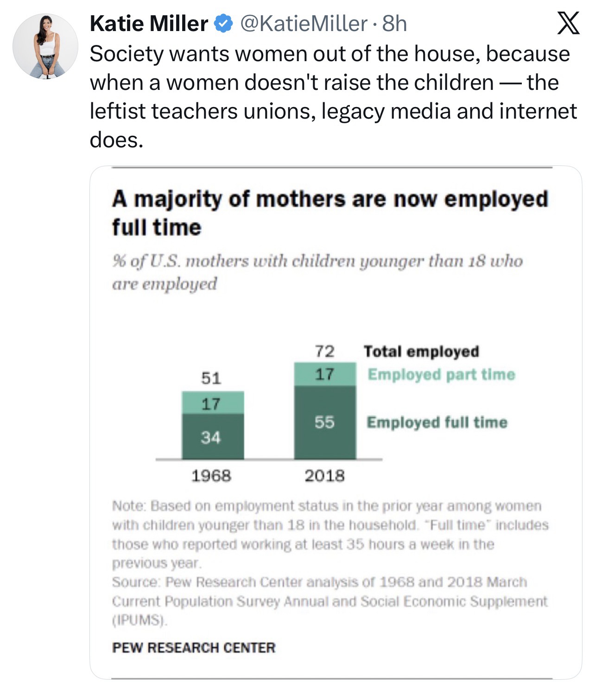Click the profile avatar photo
(x=45, y=46)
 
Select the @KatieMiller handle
(x=302, y=24)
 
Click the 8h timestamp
(x=394, y=24)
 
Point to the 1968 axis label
(x=211, y=475)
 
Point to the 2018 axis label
(x=324, y=475)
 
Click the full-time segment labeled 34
(x=213, y=436)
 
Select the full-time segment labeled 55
(x=325, y=422)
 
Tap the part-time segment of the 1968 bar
(x=213, y=403)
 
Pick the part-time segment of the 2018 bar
(x=325, y=374)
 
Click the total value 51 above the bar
(x=211, y=378)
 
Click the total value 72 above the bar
(x=324, y=351)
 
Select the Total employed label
(x=421, y=351)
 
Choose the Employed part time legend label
(x=441, y=374)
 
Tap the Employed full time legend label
(x=437, y=422)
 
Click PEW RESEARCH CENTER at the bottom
(x=194, y=647)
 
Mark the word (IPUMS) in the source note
(x=139, y=620)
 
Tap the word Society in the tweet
(x=127, y=54)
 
